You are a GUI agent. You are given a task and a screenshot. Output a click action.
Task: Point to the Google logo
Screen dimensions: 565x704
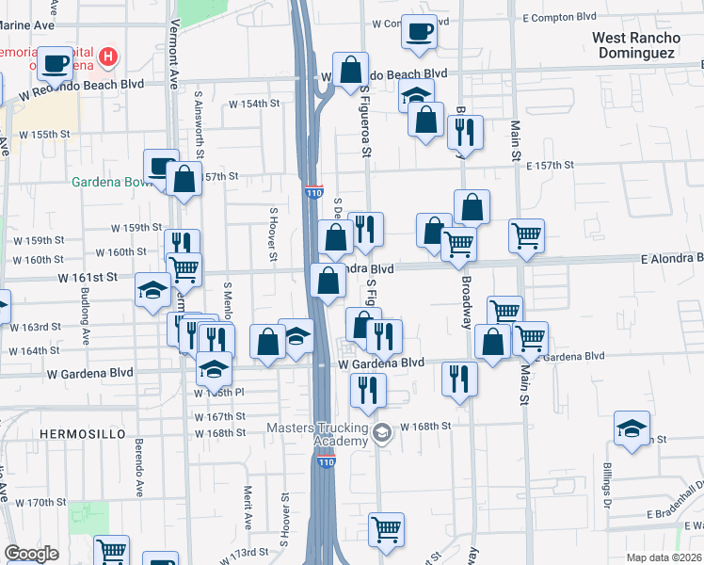click(31, 554)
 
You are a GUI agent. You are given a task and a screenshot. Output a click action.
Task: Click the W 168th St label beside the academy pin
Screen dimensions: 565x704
click(427, 427)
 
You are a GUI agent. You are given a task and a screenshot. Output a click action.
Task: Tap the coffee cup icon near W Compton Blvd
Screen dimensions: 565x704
click(418, 31)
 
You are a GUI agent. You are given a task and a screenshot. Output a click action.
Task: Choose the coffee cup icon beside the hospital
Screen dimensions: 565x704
click(56, 63)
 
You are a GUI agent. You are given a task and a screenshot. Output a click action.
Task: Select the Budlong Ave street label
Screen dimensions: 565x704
click(86, 320)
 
